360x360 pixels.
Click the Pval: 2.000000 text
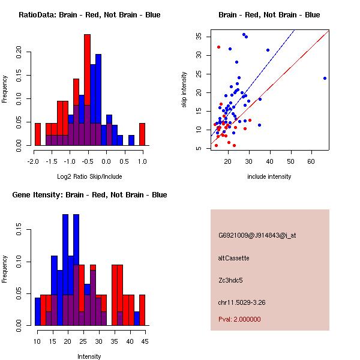[239, 319]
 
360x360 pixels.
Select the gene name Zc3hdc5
[230, 280]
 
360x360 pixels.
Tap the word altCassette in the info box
[233, 258]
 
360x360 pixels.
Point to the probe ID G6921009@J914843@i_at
[257, 236]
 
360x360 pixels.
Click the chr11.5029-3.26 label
[242, 302]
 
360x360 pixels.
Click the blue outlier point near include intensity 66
[325, 78]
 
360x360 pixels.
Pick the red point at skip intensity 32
[218, 47]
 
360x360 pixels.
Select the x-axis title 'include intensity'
[269, 176]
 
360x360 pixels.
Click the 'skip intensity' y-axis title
[184, 90]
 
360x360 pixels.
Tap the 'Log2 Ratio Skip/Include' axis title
[89, 176]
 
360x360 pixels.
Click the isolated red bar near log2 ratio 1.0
[142, 134]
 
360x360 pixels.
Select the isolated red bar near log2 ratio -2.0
[38, 134]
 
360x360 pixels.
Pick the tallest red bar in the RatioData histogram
[88, 90]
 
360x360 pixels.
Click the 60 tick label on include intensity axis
[311, 161]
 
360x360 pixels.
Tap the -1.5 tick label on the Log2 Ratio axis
[52, 161]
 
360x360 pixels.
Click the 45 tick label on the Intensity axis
[145, 341]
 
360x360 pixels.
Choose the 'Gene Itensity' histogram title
[89, 194]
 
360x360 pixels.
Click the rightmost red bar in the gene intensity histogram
[142, 310]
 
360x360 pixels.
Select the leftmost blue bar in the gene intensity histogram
[38, 311]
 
